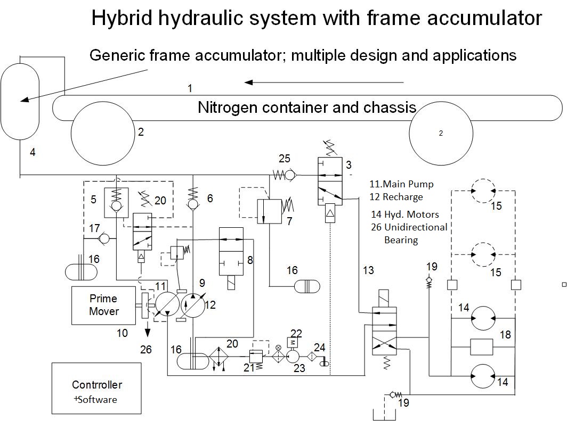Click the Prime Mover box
(x=103, y=305)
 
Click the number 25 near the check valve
(x=285, y=158)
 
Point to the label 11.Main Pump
(x=401, y=184)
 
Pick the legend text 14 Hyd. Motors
(x=405, y=215)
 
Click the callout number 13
(x=368, y=270)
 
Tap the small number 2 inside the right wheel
(x=441, y=134)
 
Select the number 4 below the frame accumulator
(x=33, y=153)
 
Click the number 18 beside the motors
(x=505, y=334)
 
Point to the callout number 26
(x=145, y=350)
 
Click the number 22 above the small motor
(x=296, y=334)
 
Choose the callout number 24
(x=319, y=348)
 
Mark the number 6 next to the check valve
(x=210, y=198)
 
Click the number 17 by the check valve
(x=94, y=228)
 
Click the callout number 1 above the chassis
(x=190, y=88)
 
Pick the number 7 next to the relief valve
(x=289, y=221)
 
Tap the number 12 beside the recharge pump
(x=210, y=305)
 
